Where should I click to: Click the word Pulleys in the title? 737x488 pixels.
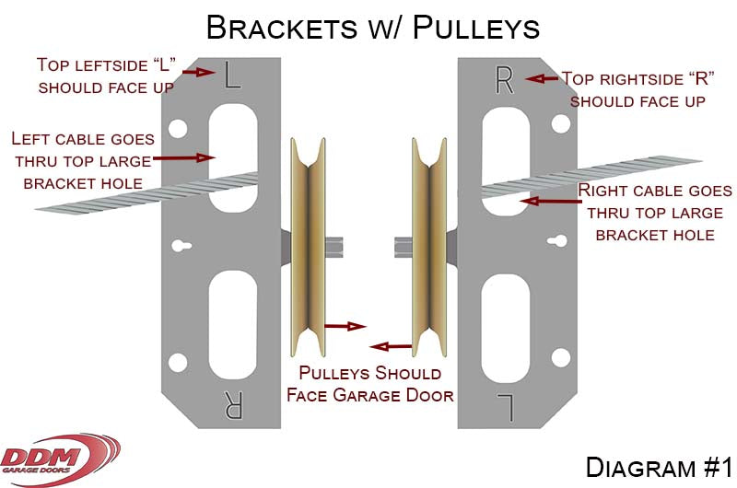click(x=475, y=28)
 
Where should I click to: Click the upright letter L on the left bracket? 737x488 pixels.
click(x=232, y=76)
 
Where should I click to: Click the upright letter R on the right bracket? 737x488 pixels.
click(x=504, y=81)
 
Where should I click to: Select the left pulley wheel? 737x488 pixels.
click(x=309, y=249)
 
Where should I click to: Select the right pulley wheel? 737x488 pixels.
click(x=428, y=249)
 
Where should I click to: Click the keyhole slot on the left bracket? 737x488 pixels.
click(x=181, y=247)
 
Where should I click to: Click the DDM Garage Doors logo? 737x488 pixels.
click(x=60, y=456)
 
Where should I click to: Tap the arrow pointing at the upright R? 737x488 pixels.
click(x=542, y=79)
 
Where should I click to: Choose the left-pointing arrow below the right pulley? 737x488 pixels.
click(x=392, y=347)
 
